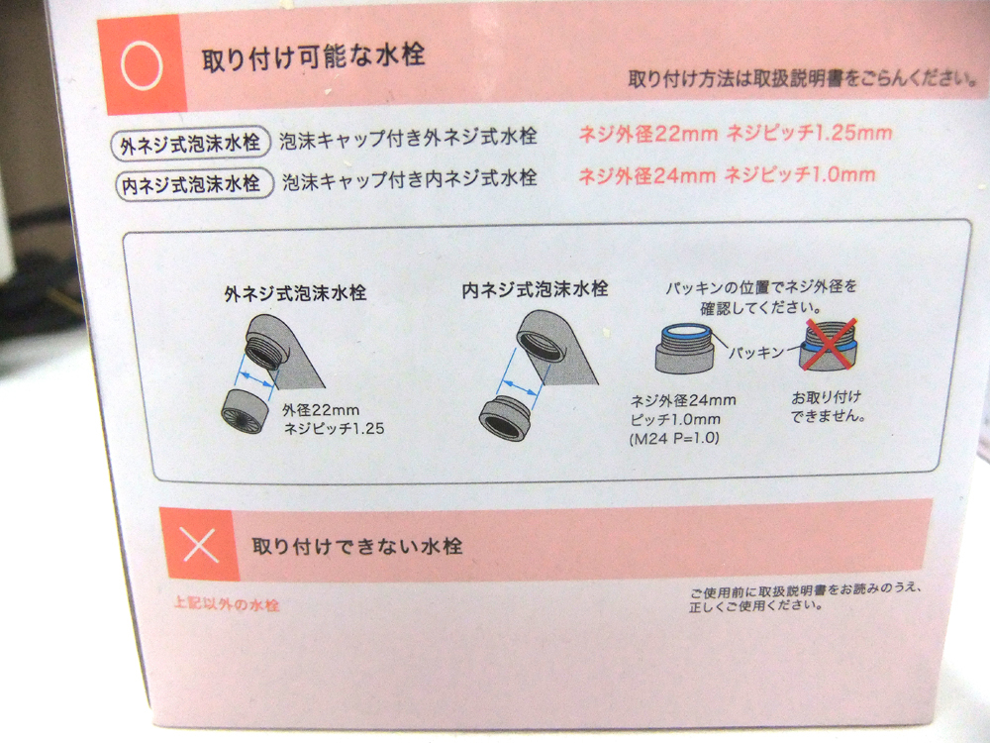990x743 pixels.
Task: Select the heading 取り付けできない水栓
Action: point(356,546)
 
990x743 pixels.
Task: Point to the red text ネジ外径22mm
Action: point(645,133)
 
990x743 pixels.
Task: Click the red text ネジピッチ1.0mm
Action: point(800,175)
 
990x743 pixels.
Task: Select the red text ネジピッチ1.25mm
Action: point(809,133)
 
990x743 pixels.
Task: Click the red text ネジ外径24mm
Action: point(646,175)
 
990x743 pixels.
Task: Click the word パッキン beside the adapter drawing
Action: point(758,352)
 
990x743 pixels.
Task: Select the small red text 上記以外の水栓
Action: point(226,604)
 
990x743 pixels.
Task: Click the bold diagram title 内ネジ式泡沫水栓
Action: point(535,290)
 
